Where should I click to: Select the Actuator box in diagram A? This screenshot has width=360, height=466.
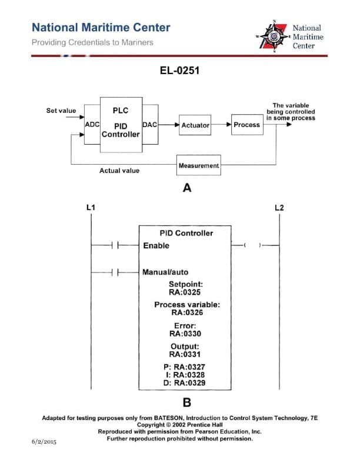pyautogui.click(x=195, y=125)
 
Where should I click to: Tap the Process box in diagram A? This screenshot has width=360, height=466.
pyautogui.click(x=246, y=125)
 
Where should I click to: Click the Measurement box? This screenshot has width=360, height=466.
pyautogui.click(x=198, y=165)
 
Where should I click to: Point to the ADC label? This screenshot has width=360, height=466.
pyautogui.click(x=92, y=125)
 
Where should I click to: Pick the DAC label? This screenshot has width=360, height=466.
pyautogui.click(x=149, y=125)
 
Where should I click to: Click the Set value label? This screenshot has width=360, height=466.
pyautogui.click(x=61, y=110)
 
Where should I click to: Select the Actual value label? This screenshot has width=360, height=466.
pyautogui.click(x=119, y=171)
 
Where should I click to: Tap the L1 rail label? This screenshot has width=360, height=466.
pyautogui.click(x=91, y=208)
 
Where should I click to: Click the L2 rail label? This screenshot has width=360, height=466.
pyautogui.click(x=279, y=208)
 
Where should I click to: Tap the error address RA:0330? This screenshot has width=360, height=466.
pyautogui.click(x=185, y=333)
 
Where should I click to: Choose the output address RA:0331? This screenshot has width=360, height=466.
pyautogui.click(x=185, y=354)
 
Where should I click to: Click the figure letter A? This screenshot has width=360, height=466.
pyautogui.click(x=187, y=188)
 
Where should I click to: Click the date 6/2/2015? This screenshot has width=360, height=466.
pyautogui.click(x=44, y=441)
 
